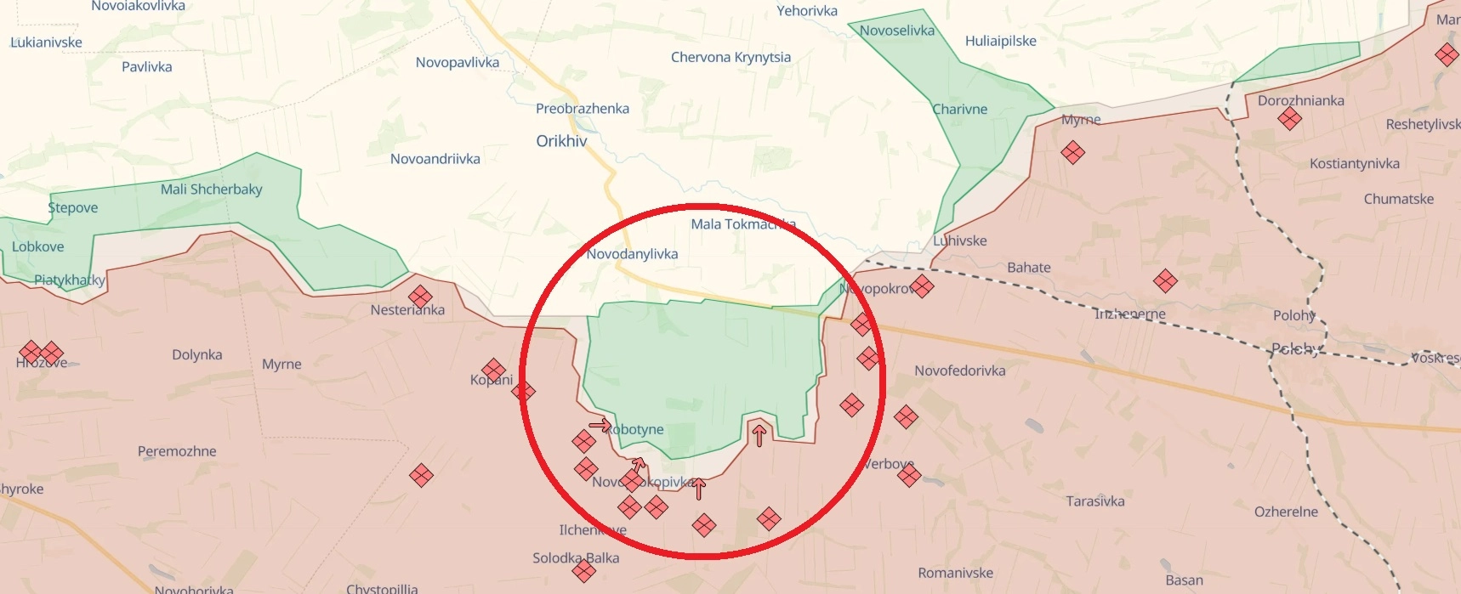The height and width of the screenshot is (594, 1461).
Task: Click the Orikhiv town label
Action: tap(561, 141)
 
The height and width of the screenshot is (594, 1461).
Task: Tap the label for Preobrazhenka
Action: tap(583, 109)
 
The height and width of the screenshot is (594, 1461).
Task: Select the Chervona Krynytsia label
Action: tap(730, 57)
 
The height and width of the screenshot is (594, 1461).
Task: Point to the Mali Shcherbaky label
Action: tap(212, 190)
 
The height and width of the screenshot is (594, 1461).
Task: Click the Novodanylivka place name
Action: tap(632, 254)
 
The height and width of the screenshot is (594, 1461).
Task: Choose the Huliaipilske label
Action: tap(1001, 41)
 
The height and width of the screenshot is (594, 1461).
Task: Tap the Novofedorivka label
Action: tap(960, 371)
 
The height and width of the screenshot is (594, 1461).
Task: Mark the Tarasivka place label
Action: tap(1095, 501)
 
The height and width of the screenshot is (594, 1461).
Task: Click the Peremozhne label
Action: tap(177, 451)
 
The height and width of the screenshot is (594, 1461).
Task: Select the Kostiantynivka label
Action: tap(1355, 163)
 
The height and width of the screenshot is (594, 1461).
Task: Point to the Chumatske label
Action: tap(1399, 199)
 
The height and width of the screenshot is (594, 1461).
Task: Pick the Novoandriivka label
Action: tap(435, 159)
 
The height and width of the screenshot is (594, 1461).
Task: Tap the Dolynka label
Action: tap(197, 355)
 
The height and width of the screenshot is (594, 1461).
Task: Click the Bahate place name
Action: tap(1029, 268)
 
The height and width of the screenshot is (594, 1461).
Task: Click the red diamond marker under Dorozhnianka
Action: tap(1289, 119)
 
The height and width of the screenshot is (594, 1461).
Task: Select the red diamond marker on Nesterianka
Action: tap(420, 297)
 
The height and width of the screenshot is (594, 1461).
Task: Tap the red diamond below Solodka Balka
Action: tap(583, 571)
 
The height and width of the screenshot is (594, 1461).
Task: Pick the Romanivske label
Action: tap(956, 573)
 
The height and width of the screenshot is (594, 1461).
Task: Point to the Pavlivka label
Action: tap(147, 67)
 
